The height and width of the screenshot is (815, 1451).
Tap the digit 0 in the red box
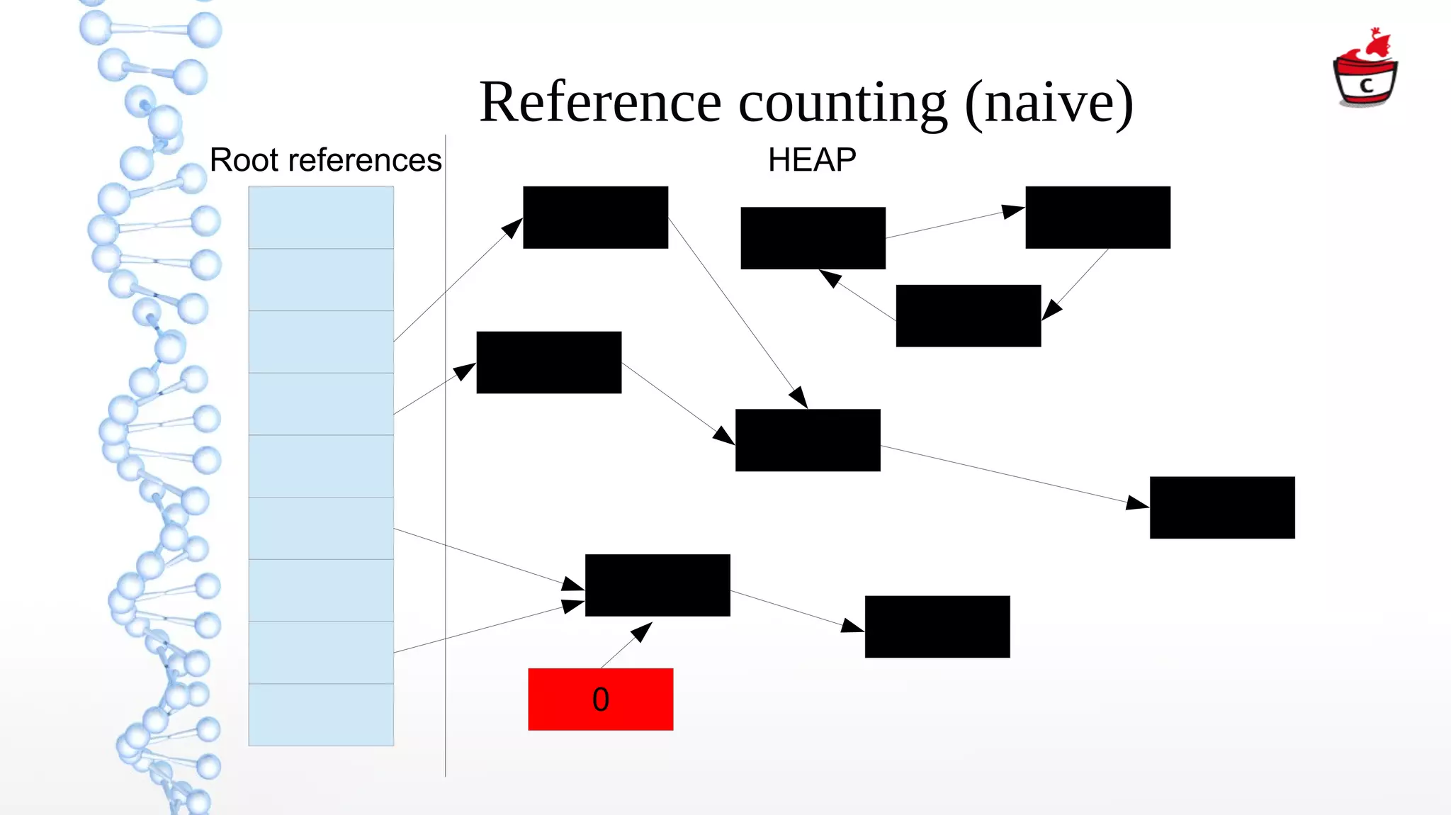pos(600,699)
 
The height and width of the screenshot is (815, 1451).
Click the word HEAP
pos(812,160)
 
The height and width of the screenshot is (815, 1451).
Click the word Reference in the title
pos(600,103)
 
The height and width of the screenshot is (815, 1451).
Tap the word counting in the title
pos(842,103)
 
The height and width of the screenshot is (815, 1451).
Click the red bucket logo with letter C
pos(1365,71)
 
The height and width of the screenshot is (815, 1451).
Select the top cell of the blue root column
pos(321,217)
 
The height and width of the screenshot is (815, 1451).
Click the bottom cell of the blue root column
pos(321,714)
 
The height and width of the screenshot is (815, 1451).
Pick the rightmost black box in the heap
pos(1221,507)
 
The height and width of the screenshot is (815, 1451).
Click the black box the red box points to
pos(657,585)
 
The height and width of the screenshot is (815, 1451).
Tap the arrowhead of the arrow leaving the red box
pos(642,631)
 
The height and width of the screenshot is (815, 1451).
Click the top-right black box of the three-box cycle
pos(1097,217)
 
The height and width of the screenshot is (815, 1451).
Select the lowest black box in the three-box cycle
pos(968,315)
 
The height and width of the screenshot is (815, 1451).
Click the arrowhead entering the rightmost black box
pos(1137,503)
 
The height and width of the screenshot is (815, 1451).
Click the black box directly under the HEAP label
pos(813,238)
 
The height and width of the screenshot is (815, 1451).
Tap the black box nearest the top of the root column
pos(595,217)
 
